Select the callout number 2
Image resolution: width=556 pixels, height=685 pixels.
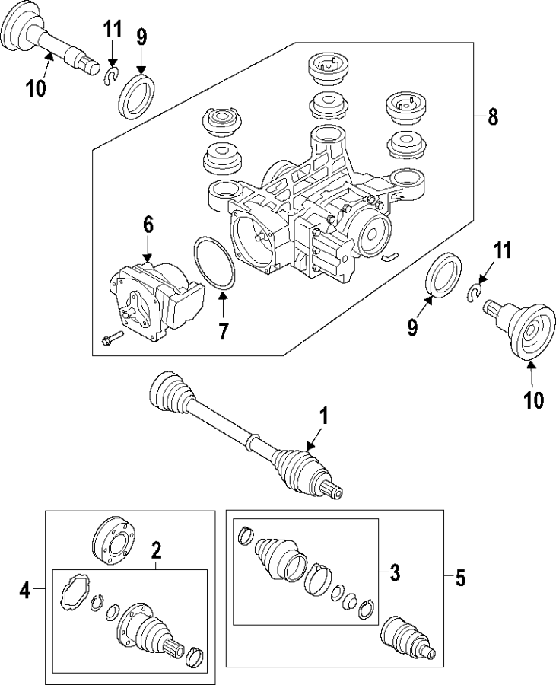[x=156, y=549]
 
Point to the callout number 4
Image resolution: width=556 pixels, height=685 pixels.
[x=25, y=590]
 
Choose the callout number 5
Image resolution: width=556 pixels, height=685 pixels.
[x=459, y=578]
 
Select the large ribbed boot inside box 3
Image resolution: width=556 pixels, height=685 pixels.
[x=277, y=559]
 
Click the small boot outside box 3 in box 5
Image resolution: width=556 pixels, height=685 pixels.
[x=404, y=636]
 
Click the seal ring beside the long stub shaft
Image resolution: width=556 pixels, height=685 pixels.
[x=137, y=93]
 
